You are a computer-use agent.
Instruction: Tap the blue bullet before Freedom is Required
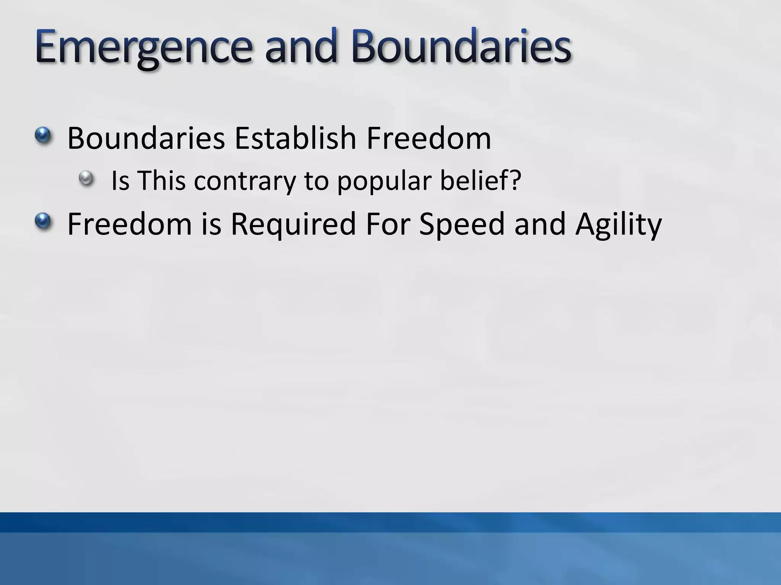(43, 221)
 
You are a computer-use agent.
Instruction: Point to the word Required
(293, 224)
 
